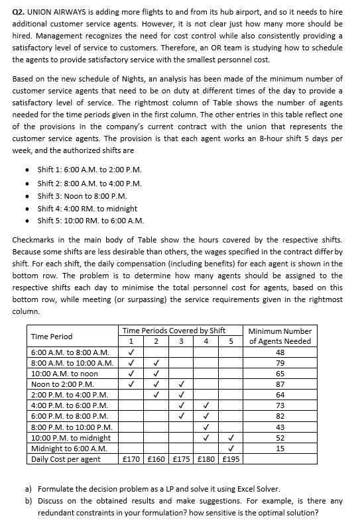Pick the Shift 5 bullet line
click(91, 221)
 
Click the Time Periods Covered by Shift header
click(180, 331)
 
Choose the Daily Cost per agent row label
click(66, 459)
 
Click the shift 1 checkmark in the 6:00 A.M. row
click(131, 352)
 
